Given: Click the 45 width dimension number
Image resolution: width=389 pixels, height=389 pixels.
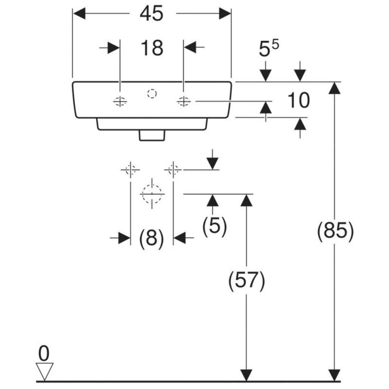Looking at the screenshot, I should [152, 14].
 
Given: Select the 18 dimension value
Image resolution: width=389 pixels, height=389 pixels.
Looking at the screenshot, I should [152, 48].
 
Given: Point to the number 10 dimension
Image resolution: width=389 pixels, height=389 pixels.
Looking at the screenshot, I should [299, 101].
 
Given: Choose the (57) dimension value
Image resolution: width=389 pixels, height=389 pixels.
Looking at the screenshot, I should [247, 281].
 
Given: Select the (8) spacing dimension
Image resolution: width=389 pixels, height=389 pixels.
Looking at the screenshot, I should [152, 237].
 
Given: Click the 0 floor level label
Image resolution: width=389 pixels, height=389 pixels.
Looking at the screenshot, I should [44, 353].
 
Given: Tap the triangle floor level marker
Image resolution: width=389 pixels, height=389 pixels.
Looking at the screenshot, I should [45, 371].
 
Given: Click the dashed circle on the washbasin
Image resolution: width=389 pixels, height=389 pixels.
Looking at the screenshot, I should [152, 94].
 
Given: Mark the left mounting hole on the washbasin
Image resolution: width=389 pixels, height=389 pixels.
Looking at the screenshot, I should [120, 102].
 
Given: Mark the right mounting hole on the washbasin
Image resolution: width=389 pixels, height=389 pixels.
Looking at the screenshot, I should [183, 102].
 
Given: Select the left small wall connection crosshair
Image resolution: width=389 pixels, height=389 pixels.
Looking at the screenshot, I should [130, 169].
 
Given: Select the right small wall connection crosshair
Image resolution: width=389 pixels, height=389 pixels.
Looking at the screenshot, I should [173, 169].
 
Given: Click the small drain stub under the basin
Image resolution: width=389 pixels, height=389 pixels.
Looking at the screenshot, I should [152, 135].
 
